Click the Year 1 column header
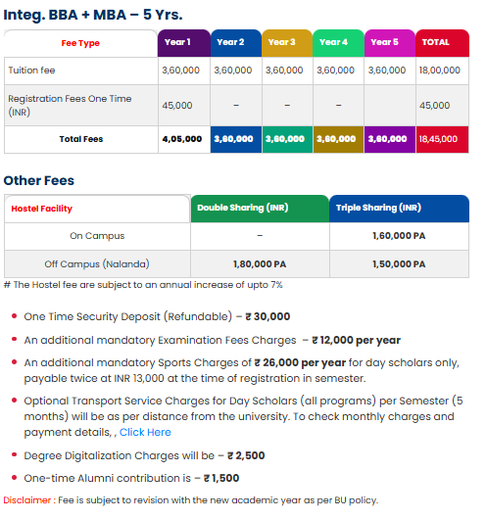183,42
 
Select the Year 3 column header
287,42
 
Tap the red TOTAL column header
442,42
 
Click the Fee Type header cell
81,43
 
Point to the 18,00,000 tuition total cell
441,71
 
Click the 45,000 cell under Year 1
176,105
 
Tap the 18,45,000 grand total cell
441,139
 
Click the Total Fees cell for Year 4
338,139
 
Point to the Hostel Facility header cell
42,209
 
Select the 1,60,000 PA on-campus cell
399,236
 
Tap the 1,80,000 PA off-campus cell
259,264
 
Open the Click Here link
145,432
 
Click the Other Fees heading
39,180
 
